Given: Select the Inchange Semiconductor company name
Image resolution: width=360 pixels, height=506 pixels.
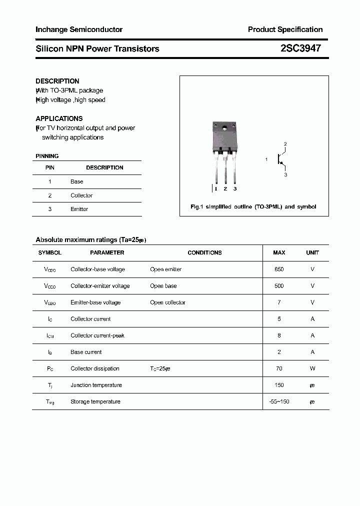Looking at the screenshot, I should coord(79,29).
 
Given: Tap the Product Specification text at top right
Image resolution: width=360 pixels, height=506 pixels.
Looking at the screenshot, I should coord(285,29).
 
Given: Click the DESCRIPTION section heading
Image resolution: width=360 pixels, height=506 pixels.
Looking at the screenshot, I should coord(57,81).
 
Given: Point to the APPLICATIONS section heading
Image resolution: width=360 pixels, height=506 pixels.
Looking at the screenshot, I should coord(59,118).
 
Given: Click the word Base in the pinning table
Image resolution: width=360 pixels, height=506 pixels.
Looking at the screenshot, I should coord(76,181).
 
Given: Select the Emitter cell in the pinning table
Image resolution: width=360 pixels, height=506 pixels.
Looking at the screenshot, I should coord(79,209).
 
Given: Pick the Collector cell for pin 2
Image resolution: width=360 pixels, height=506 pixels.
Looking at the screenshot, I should coord(81,195).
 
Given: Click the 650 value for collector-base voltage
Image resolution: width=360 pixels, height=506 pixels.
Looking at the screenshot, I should coord(279,269).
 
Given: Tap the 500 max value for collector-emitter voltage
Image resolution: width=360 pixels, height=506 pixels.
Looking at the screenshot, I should coord(279,286).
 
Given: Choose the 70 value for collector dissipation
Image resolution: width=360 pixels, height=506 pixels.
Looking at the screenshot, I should coord(279,368).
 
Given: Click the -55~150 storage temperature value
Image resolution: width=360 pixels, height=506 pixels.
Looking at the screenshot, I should coord(279,401).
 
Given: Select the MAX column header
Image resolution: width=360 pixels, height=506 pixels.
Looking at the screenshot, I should coord(279,253).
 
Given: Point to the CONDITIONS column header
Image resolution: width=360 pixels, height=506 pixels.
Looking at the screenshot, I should coord(204,253).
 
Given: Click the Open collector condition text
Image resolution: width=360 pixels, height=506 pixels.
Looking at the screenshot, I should coord(167,302).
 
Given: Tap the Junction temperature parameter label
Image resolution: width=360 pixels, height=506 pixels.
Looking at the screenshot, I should coord(96,385).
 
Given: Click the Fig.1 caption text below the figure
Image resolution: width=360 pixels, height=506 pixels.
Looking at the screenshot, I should coord(253,206).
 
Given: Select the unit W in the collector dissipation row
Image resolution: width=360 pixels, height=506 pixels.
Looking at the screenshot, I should coord(312,368).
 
